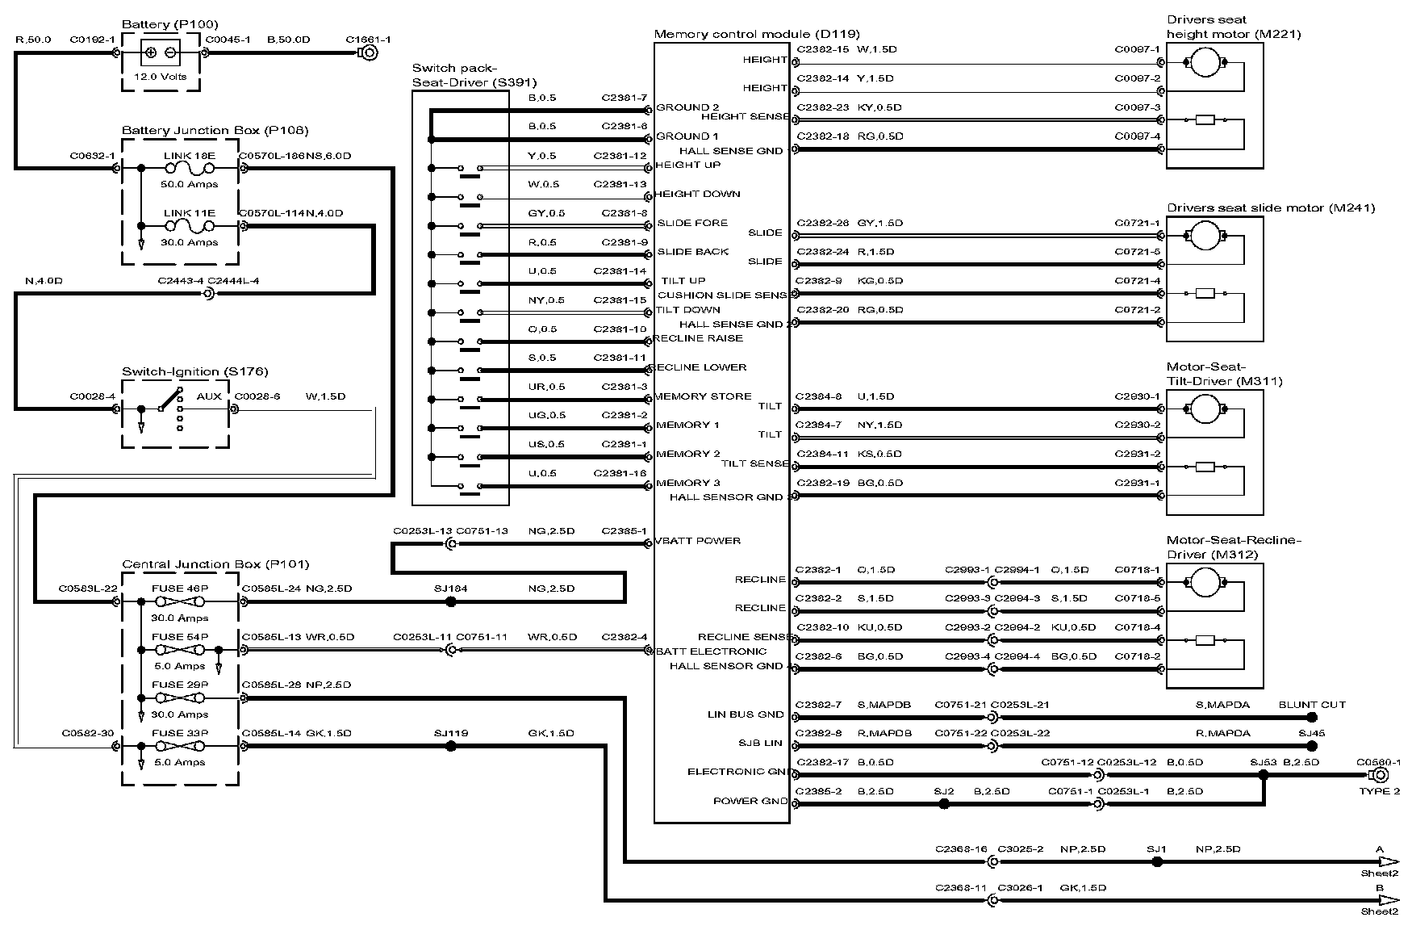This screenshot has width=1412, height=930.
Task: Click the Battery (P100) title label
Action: pyautogui.click(x=169, y=24)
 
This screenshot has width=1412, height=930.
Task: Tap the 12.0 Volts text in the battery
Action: pyautogui.click(x=161, y=77)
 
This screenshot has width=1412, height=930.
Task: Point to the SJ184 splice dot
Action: pyautogui.click(x=451, y=601)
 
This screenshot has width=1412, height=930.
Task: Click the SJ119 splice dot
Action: pyautogui.click(x=451, y=747)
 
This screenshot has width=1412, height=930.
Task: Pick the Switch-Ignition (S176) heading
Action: pyautogui.click(x=195, y=371)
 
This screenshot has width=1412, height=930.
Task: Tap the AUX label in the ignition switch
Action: pyautogui.click(x=209, y=396)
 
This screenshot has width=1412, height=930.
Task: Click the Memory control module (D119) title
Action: pyautogui.click(x=757, y=34)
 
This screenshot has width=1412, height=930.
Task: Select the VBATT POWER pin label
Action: pyautogui.click(x=698, y=541)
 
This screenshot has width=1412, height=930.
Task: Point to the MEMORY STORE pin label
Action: pyautogui.click(x=703, y=396)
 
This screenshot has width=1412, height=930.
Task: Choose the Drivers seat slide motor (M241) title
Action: pyautogui.click(x=1271, y=207)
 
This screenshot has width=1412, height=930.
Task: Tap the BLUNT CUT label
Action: pyautogui.click(x=1312, y=705)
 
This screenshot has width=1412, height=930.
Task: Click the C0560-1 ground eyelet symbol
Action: pyautogui.click(x=1381, y=775)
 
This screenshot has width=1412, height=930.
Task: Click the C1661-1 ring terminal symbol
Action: pyautogui.click(x=369, y=53)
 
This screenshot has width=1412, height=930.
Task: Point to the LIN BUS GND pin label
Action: pyautogui.click(x=746, y=714)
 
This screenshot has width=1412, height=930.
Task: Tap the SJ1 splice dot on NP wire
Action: pyautogui.click(x=1157, y=861)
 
